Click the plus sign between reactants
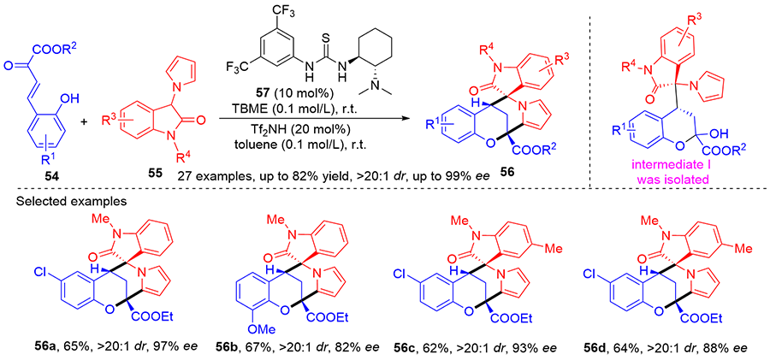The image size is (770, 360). tap(85, 121)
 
